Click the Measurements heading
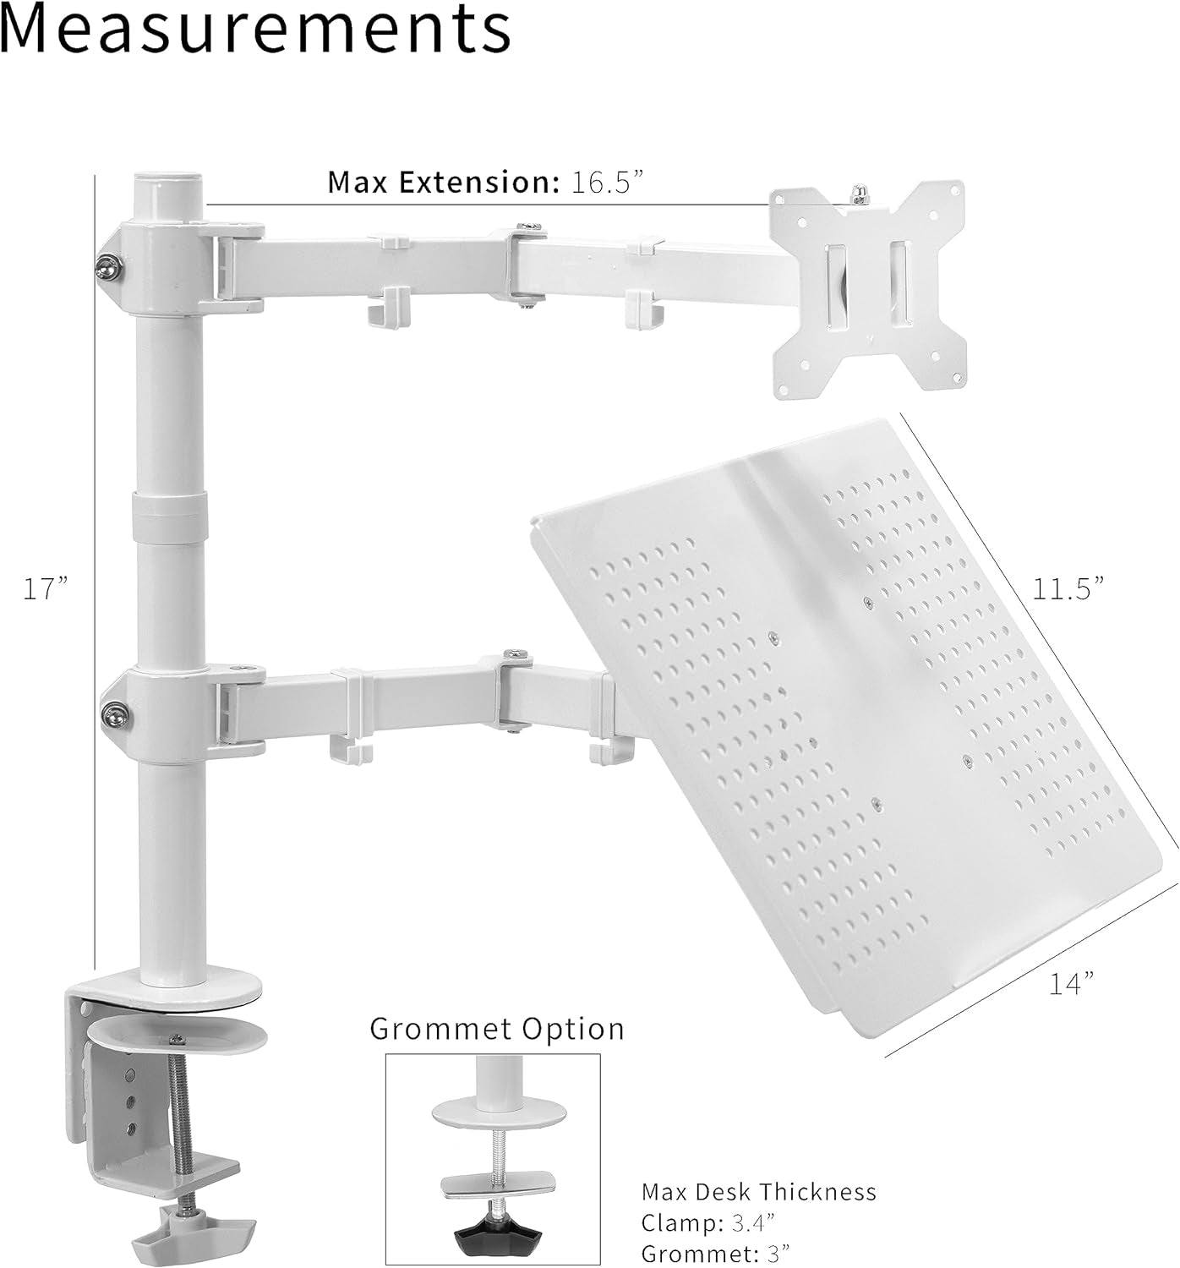(255, 30)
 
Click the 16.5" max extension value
(608, 183)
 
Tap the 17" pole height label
(45, 588)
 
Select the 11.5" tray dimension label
(1068, 588)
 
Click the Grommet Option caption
(497, 1029)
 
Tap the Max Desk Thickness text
(758, 1192)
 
